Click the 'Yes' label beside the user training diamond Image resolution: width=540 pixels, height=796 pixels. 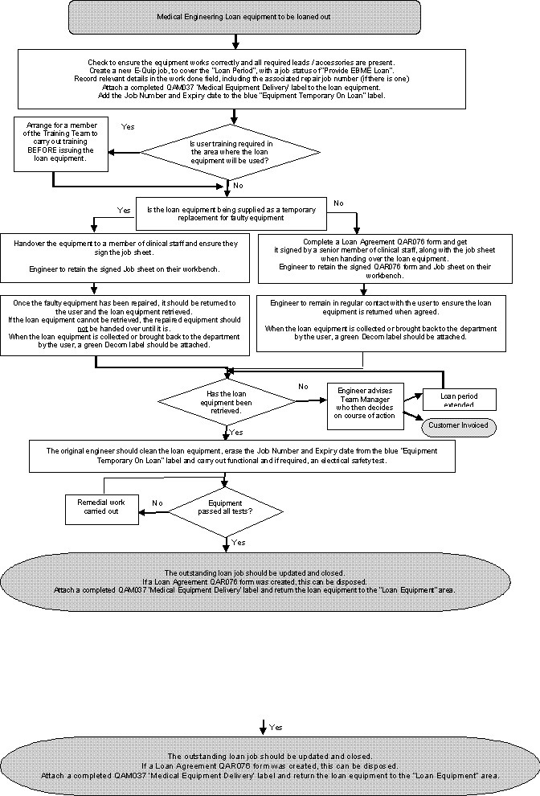[x=127, y=127]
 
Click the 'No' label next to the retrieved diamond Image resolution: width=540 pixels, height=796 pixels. [x=303, y=387]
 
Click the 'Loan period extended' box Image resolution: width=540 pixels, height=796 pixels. [x=460, y=398]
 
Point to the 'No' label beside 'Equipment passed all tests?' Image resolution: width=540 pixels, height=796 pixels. [x=157, y=503]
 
